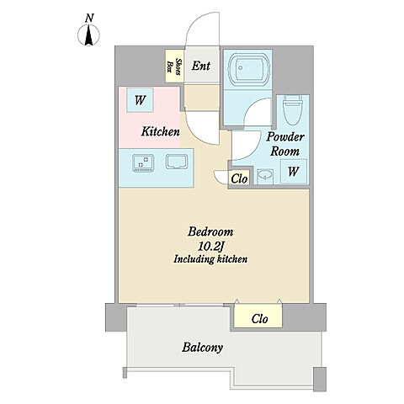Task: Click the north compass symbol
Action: [88, 35]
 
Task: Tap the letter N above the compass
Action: [89, 19]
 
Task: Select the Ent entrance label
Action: [201, 66]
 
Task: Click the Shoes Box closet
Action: [174, 66]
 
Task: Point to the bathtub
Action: [249, 69]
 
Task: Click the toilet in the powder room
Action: [292, 110]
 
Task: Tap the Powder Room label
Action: [285, 144]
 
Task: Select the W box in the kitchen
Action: [140, 100]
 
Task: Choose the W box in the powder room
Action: [294, 171]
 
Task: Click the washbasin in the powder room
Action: [265, 176]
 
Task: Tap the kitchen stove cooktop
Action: [143, 162]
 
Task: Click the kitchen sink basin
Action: [177, 162]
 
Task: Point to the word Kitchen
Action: [161, 131]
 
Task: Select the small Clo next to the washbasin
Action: [239, 178]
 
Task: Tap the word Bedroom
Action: [210, 232]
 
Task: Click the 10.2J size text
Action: [210, 247]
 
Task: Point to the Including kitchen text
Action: [210, 259]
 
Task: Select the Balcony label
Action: [203, 348]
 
